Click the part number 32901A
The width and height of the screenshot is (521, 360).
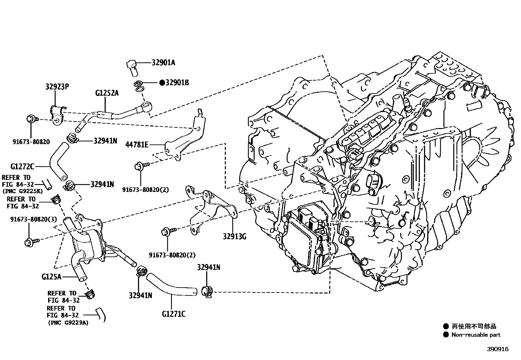coord(163,63)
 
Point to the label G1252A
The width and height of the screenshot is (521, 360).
coord(107,93)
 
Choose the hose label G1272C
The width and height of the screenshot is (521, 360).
coord(22,167)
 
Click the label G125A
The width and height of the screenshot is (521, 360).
coord(51,277)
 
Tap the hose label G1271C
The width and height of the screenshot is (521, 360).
coord(173,314)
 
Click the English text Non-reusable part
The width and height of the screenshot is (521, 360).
coord(476,335)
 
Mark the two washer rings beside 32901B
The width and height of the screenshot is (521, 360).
coord(139,86)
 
